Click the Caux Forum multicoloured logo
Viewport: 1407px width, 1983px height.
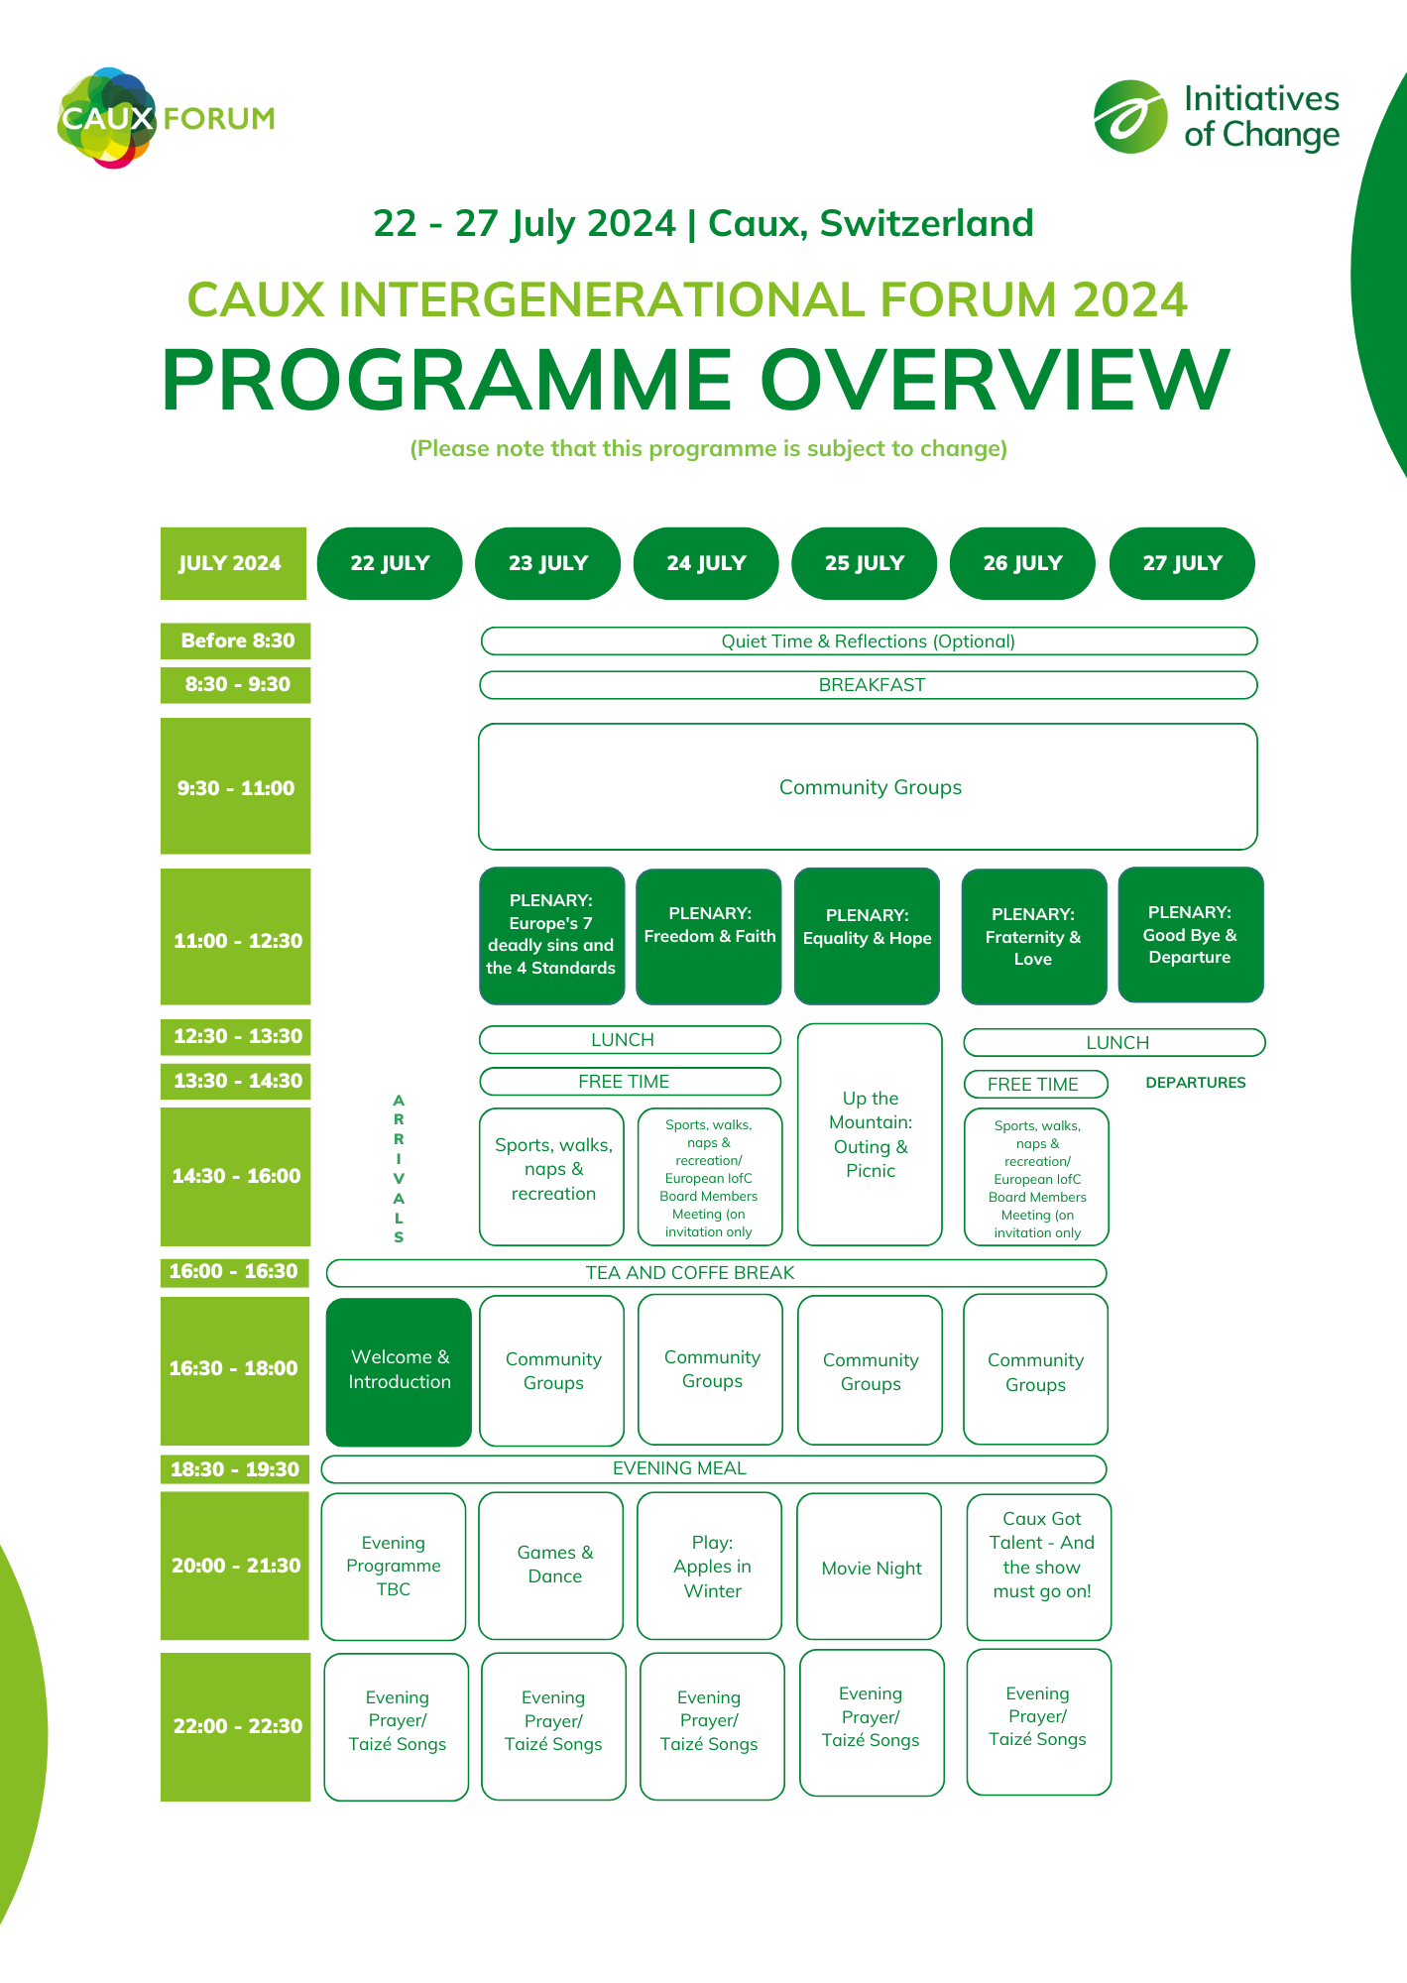[107, 118]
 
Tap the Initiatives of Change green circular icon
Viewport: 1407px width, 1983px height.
[1130, 117]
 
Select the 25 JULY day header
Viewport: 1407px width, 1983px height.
[864, 563]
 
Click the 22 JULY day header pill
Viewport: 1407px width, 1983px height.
[390, 563]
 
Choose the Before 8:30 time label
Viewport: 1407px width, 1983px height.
[236, 641]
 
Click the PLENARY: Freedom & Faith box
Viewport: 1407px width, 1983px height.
[708, 936]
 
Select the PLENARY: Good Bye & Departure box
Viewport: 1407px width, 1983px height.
[1190, 935]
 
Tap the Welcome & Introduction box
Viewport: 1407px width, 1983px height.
[399, 1370]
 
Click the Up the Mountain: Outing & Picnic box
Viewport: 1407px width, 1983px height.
[870, 1134]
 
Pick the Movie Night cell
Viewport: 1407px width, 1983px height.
[870, 1567]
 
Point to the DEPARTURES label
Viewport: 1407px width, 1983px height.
[1195, 1083]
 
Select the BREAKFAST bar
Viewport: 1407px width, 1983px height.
[869, 685]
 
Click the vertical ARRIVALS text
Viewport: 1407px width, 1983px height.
[399, 1168]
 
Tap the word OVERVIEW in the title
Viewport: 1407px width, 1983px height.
[995, 381]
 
